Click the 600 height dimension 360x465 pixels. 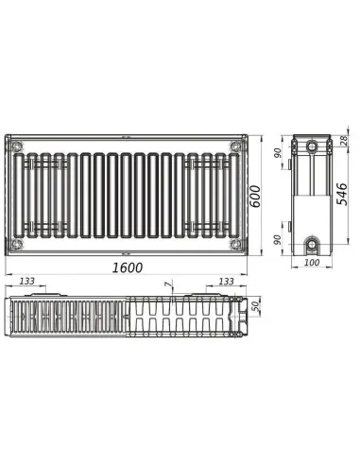253,196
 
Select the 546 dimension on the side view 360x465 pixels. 344,193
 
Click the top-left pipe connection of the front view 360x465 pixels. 19,146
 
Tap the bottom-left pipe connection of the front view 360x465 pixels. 19,245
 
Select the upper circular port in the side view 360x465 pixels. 313,147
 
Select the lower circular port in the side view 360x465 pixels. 313,243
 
